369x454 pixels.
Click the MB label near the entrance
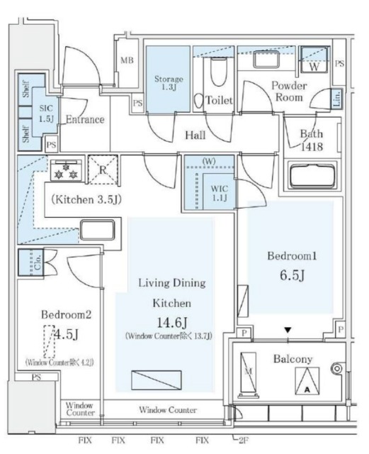[x=127, y=61]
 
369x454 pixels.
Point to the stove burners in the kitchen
[x=66, y=172]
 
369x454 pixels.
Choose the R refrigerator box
[x=102, y=170]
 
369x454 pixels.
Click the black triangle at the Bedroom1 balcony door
[x=287, y=330]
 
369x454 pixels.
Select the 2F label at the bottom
[x=245, y=441]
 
